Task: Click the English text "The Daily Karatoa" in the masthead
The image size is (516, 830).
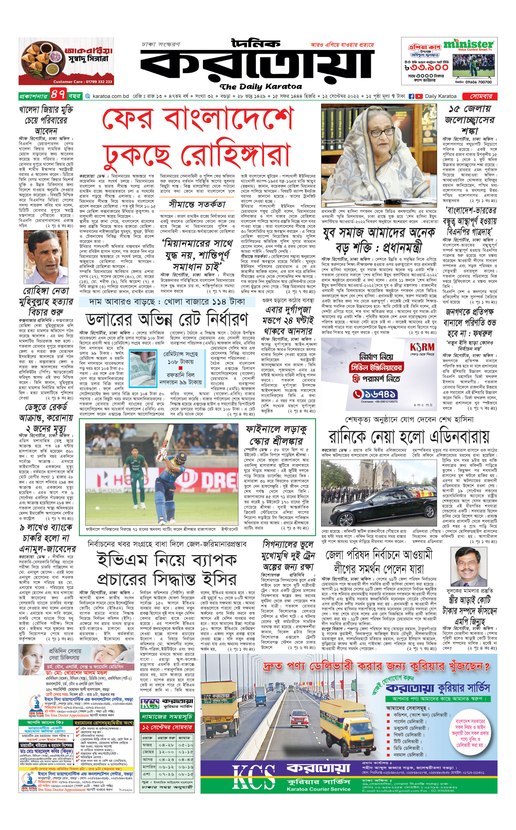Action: (x=261, y=86)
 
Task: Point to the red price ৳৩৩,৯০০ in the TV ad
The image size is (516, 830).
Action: (x=427, y=68)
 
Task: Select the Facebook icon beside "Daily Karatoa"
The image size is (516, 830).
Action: (x=411, y=96)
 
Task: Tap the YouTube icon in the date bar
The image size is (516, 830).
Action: (x=419, y=96)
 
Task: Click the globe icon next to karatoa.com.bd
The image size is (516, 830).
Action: (x=88, y=96)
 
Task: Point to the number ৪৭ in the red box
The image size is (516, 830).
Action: (x=58, y=94)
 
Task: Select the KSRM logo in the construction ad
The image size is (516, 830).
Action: (x=422, y=347)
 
